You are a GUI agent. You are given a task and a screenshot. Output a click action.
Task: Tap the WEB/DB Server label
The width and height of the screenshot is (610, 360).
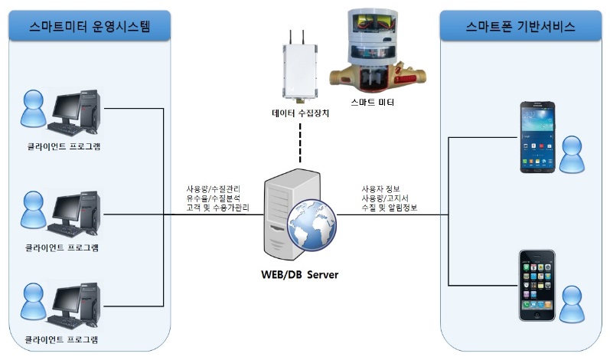297,274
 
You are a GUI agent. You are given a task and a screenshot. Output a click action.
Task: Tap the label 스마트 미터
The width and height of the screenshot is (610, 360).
373,102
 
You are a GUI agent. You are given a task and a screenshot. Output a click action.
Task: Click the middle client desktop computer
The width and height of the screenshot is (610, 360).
75,211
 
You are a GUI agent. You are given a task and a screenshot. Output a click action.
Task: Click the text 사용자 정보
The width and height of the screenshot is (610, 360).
386,188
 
